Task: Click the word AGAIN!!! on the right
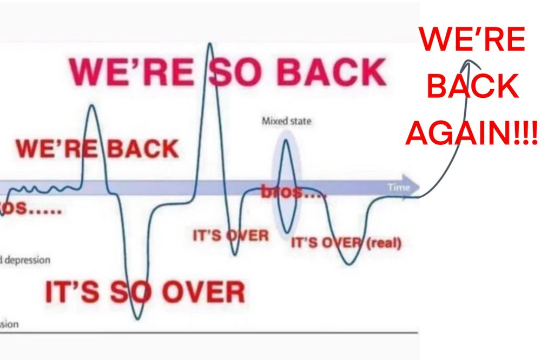(472, 131)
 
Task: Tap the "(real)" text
(385, 243)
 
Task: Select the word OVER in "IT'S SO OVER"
(203, 292)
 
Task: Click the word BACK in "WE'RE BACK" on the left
(143, 149)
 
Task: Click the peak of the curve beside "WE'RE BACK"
(92, 105)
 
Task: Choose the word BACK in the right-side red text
(472, 87)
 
